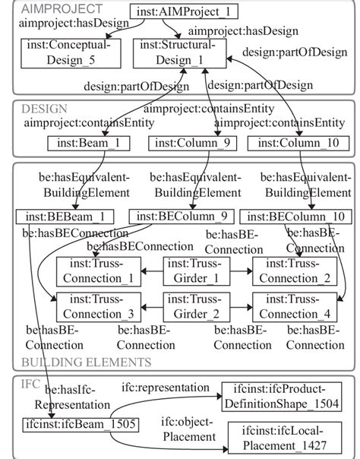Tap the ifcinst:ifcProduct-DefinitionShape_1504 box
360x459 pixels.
[280, 397]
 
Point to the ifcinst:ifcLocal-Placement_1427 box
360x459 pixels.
[280, 435]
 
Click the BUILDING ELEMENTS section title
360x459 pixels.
[87, 362]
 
